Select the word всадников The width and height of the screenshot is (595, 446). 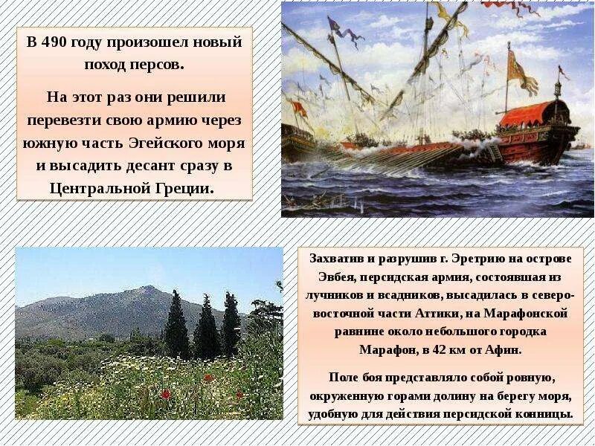coord(403,295)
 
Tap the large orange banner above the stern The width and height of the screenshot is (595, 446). coord(521,71)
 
